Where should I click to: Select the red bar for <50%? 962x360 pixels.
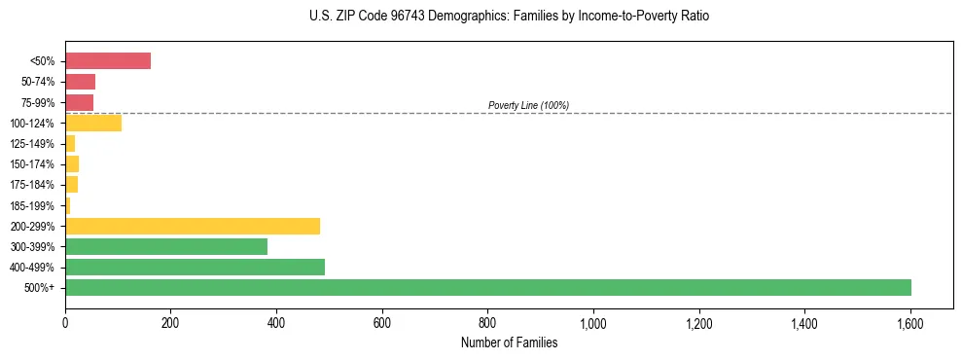point(108,61)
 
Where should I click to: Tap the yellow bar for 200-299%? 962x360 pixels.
point(193,226)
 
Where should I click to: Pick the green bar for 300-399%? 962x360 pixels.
point(166,246)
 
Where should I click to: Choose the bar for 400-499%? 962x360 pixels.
point(195,267)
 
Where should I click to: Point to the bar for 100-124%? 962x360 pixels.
point(93,123)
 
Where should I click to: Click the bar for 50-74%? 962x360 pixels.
point(80,82)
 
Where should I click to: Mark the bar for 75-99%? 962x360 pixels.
point(79,102)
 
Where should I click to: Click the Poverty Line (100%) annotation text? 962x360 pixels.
point(528,105)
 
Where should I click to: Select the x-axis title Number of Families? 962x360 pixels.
point(509,342)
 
